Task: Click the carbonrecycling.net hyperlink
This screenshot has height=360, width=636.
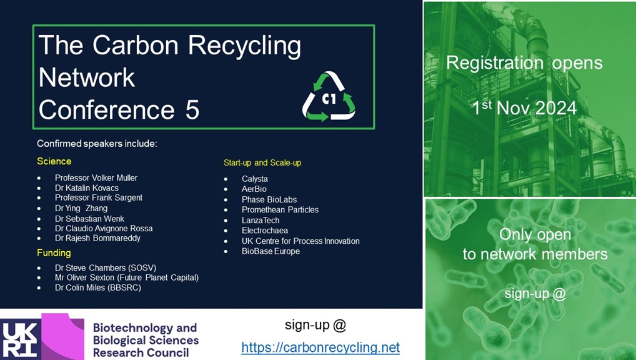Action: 320,347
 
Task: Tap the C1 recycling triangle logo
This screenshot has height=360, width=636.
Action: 329,97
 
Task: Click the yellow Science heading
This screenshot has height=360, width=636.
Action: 54,161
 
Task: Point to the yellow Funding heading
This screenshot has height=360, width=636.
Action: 54,253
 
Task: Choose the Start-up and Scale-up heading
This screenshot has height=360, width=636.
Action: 262,162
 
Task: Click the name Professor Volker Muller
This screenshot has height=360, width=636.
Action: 96,177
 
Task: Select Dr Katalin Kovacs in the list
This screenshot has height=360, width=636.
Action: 87,188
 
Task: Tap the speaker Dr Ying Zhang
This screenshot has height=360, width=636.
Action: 81,208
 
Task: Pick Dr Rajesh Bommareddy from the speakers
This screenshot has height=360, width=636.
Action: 97,238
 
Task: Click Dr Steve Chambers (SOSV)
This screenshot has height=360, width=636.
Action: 106,268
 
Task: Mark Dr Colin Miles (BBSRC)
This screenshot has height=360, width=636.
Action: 98,287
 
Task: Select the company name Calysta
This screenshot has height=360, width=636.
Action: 255,179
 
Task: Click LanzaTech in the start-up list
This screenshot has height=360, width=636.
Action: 261,221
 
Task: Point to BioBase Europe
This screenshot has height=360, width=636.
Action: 271,251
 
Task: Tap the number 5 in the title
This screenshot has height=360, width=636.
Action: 192,111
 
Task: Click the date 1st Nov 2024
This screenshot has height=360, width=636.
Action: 524,107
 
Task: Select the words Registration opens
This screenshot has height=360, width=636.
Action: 524,63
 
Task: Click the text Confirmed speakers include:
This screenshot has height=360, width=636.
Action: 97,144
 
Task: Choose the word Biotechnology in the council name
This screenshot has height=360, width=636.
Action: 145,327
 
